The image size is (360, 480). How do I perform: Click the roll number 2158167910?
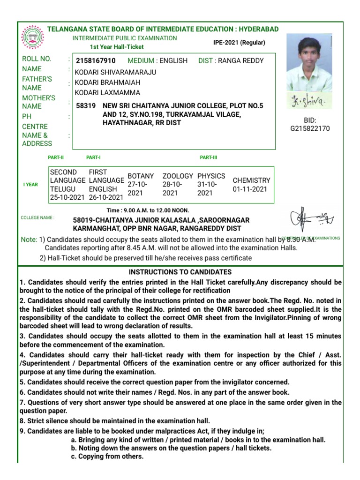click(96, 61)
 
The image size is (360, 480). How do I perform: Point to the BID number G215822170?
click(310, 128)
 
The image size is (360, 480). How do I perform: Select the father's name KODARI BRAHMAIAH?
click(111, 82)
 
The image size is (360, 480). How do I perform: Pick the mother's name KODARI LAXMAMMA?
click(111, 93)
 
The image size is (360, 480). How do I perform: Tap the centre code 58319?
click(86, 106)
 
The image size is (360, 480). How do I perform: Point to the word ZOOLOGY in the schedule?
click(178, 176)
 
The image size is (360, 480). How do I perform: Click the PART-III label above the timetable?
click(209, 157)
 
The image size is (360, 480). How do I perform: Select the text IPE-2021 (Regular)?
click(239, 43)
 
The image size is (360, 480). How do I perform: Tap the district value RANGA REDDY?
click(241, 61)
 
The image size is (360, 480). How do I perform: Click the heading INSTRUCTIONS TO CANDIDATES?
click(180, 272)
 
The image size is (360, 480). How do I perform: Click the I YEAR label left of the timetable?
click(31, 185)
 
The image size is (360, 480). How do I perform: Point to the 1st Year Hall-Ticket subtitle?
click(117, 47)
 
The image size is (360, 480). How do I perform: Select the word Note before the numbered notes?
click(29, 240)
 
